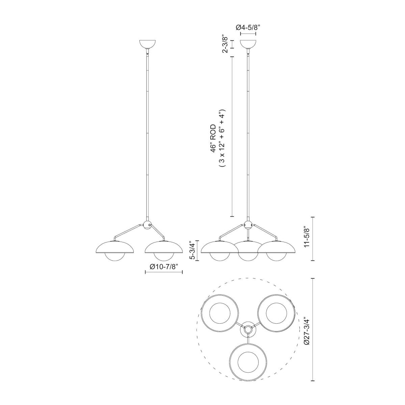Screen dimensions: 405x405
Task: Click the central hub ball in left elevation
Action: coord(147,225)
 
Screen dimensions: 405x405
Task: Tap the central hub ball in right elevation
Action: coord(248,225)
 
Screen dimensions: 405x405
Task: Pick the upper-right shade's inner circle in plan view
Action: coord(276,313)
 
